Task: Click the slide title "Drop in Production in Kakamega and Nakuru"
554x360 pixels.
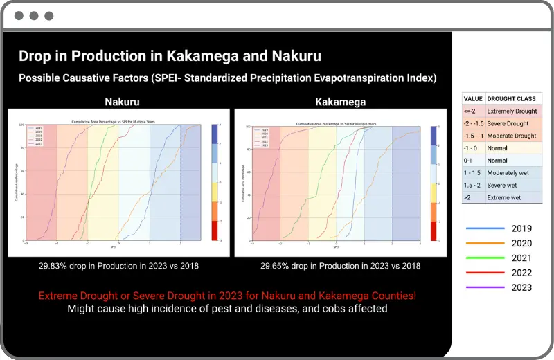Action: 170,56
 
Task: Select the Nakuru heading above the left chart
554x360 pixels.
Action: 122,101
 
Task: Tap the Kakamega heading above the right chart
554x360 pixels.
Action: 341,101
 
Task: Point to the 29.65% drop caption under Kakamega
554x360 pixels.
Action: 341,265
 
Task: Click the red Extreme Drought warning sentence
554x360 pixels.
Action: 227,296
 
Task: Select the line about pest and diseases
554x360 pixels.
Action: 227,309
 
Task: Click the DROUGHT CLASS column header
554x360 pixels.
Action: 512,99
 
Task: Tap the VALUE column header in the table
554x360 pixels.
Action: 473,99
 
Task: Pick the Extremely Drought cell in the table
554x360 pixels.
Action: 512,111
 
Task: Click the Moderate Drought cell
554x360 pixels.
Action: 512,136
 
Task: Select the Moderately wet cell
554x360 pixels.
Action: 511,173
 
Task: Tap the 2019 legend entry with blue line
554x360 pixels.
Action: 499,228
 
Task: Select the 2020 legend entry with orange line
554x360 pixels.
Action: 499,244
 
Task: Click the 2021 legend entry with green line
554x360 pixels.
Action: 499,258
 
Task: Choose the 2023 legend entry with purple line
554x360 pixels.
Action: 499,288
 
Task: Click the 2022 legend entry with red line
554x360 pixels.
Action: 499,273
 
